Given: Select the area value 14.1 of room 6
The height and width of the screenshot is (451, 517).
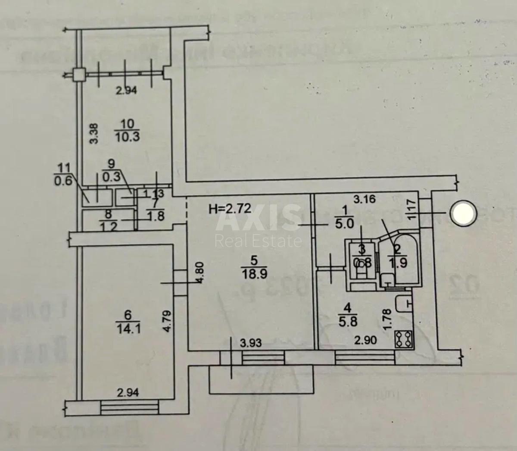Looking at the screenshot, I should [x=128, y=329].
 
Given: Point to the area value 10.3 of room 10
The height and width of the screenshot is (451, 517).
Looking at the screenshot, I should [x=128, y=137].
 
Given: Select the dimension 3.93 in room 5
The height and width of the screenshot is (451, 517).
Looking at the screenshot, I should [x=251, y=343].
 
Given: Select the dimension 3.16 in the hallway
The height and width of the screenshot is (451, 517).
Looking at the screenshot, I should [x=364, y=199].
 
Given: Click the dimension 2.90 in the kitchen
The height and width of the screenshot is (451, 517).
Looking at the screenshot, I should [x=365, y=341].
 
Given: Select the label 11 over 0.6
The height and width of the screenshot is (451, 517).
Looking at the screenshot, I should [x=63, y=175].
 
